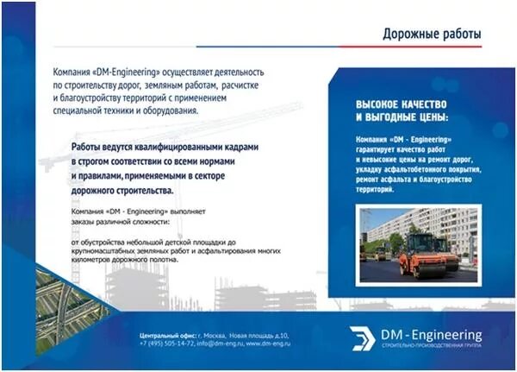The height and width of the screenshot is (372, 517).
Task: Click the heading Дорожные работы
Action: coord(432,34)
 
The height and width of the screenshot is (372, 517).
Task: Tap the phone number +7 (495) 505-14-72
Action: coord(167,342)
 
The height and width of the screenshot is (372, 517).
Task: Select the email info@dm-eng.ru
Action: coord(219,342)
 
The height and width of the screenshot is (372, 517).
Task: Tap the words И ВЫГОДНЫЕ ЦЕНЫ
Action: coord(402,117)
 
